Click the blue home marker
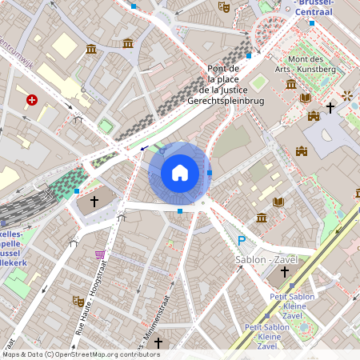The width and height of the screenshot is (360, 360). point(179,172)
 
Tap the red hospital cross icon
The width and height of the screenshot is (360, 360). point(32,100)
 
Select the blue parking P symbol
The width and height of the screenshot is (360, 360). point(242,241)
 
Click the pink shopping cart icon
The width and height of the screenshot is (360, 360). point(100,254)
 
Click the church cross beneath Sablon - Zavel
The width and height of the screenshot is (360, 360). point(283,272)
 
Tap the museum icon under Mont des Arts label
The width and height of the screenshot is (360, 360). point(290,84)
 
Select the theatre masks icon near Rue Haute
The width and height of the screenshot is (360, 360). point(79,302)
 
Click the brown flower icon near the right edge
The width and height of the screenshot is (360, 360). point(348,96)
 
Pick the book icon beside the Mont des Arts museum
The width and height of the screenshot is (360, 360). point(305,98)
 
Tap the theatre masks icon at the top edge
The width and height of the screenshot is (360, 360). point(224,6)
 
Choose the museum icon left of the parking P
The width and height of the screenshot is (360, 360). point(262,218)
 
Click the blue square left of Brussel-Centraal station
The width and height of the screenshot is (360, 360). point(249,56)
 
